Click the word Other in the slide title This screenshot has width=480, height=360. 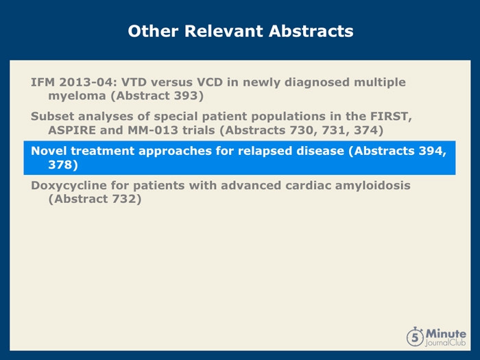point(153,31)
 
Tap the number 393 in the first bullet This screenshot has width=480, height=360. point(187,96)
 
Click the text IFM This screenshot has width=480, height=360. point(43,82)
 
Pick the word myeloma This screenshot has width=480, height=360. point(77,97)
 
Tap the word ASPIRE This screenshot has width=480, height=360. point(72,130)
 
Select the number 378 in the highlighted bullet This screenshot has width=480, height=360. point(60,165)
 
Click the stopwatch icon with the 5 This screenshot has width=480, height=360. point(415,337)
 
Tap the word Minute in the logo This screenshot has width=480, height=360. point(446,334)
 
